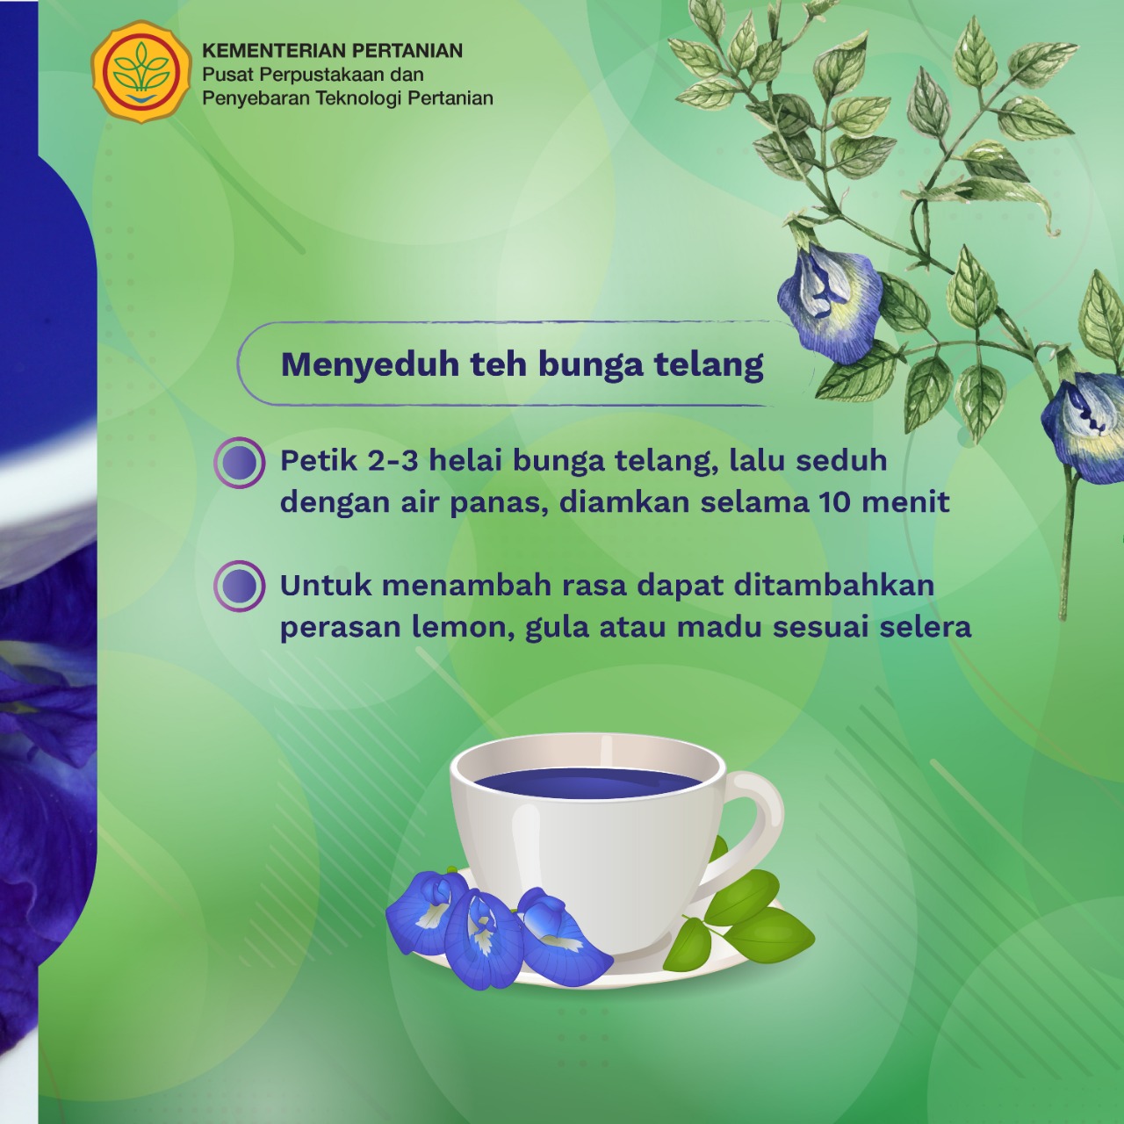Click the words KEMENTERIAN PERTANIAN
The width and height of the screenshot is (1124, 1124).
[x=333, y=51]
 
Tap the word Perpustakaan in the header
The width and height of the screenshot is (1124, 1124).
[x=321, y=76]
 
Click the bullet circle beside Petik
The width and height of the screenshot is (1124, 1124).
[x=240, y=463]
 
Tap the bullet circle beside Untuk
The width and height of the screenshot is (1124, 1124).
[x=240, y=587]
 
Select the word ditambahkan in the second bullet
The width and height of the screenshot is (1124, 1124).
[x=834, y=586]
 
